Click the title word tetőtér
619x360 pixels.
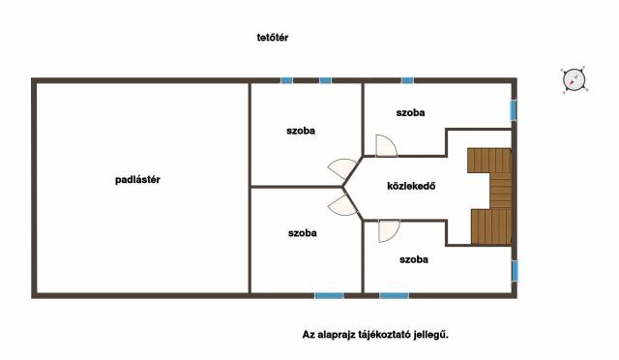273,38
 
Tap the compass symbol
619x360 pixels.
574,79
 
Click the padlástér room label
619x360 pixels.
137,180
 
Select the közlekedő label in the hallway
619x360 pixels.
411,186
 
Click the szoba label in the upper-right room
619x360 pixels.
410,112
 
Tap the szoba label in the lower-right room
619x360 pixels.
414,259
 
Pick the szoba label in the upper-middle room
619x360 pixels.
301,131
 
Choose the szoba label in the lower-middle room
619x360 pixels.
303,233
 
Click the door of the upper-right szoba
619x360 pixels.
386,146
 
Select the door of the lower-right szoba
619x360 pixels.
389,230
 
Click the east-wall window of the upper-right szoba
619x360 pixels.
514,110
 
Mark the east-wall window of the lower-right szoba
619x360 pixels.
515,271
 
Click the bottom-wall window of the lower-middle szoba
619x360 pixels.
329,295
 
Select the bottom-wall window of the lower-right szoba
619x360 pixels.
395,295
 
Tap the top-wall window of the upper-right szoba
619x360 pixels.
408,80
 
